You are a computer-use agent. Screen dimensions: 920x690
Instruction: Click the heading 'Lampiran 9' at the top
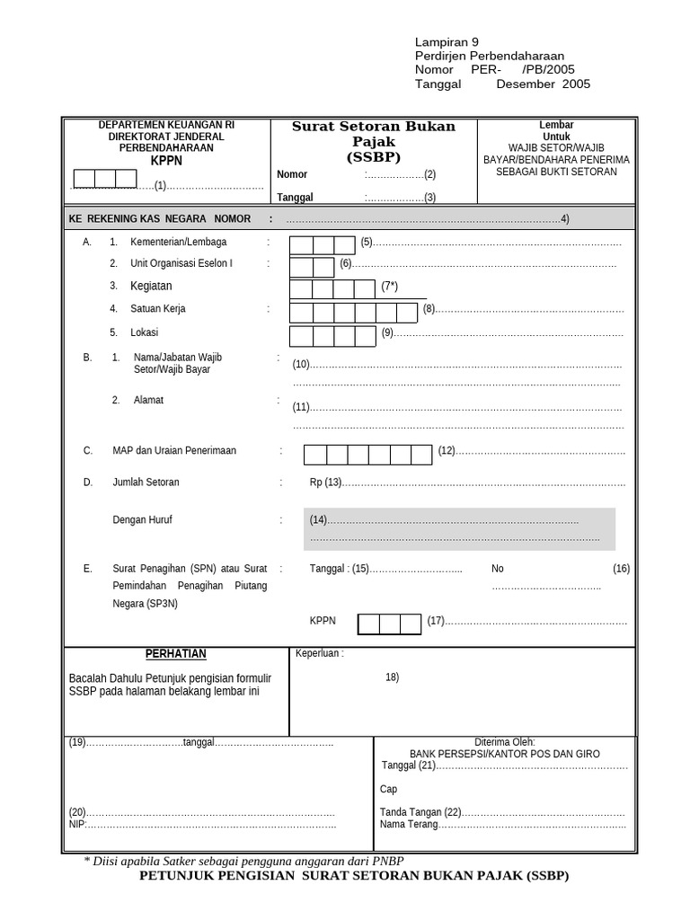(447, 41)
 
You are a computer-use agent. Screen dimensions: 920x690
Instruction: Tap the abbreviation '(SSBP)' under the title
(374, 156)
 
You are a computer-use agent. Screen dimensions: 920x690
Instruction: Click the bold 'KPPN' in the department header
(166, 161)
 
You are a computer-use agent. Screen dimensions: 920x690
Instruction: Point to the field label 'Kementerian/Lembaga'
(178, 243)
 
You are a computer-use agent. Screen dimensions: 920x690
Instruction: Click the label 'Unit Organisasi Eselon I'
(181, 264)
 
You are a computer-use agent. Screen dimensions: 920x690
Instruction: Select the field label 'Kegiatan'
(151, 286)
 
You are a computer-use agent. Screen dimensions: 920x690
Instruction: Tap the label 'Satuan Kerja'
(158, 309)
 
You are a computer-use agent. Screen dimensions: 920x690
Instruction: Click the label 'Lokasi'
(145, 332)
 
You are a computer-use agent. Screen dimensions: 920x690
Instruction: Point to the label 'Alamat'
(148, 401)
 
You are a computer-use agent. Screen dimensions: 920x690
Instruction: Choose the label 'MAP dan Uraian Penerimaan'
(174, 451)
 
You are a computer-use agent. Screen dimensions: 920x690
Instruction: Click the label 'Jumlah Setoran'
(146, 482)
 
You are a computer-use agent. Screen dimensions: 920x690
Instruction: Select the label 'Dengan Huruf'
(142, 519)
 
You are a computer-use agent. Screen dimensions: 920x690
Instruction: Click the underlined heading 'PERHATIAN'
(176, 654)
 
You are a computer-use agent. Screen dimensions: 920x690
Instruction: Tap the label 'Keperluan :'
(319, 654)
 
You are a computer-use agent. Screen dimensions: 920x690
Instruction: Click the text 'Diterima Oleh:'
(505, 743)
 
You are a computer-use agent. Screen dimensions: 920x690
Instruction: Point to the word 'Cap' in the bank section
(388, 789)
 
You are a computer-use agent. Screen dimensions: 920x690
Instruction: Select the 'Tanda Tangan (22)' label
(420, 812)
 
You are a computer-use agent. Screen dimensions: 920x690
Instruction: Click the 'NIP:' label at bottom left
(78, 824)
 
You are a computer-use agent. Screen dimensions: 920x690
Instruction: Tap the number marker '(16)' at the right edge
(622, 569)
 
